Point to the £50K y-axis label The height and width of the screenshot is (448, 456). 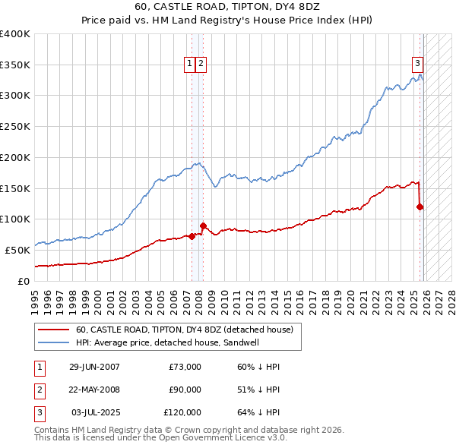click(17, 250)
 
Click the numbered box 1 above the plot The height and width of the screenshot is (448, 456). click(188, 65)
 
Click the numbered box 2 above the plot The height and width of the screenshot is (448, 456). click(201, 65)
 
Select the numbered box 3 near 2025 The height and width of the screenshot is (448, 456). click(417, 65)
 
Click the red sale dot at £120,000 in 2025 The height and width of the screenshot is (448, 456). click(420, 206)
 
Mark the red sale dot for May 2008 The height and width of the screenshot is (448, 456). click(203, 226)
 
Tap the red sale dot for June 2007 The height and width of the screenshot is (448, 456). click(192, 235)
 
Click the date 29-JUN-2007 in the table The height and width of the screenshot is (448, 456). click(94, 367)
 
